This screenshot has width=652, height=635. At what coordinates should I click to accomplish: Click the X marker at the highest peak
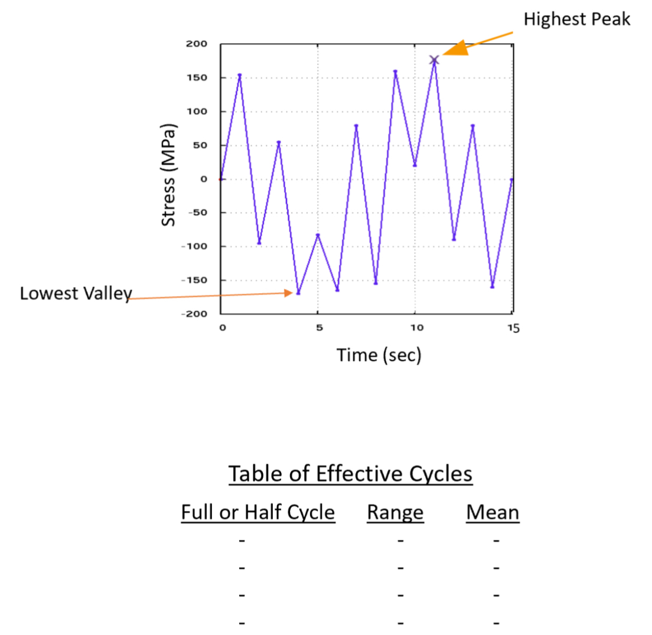point(434,60)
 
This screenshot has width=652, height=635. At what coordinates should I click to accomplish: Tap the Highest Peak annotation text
point(577,19)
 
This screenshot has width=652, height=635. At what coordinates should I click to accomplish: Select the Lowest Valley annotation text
point(75,294)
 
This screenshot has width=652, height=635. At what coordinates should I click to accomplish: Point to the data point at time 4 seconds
point(298,293)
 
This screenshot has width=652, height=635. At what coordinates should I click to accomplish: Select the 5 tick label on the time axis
point(318,328)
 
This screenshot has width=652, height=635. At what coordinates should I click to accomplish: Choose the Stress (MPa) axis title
point(170,175)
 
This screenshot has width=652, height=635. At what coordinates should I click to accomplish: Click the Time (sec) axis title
point(379,355)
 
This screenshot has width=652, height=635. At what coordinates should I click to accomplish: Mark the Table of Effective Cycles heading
point(350,474)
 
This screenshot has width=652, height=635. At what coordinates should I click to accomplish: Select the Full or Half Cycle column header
point(258,512)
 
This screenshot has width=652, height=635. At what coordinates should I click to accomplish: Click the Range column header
point(395,512)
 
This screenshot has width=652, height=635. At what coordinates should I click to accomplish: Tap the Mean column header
point(493,512)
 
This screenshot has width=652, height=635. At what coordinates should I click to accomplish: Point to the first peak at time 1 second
point(240,75)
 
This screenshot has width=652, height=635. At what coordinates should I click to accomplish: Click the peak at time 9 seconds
point(395,71)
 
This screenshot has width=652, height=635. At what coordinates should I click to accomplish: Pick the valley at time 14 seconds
point(493,287)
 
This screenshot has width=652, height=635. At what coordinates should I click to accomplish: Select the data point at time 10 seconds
point(415,165)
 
